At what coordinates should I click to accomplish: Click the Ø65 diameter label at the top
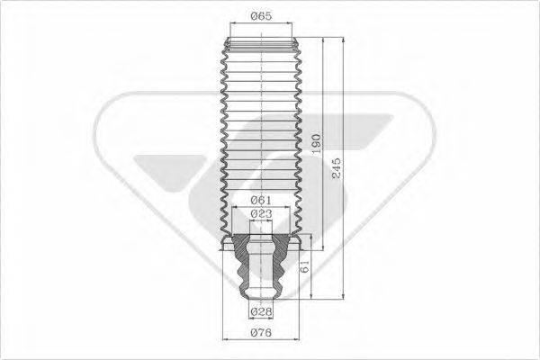(x=261, y=16)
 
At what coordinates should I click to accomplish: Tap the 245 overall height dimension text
(x=335, y=168)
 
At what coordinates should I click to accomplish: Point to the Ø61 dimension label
(x=261, y=199)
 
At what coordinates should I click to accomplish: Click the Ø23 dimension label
(x=261, y=213)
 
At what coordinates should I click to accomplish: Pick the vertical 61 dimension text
(x=306, y=266)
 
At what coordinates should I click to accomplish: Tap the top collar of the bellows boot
(x=261, y=44)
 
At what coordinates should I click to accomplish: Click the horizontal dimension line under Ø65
(x=261, y=26)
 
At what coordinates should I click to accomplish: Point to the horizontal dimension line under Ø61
(x=261, y=206)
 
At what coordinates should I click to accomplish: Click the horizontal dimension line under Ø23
(x=261, y=220)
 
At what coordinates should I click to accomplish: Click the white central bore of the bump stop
(x=262, y=270)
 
